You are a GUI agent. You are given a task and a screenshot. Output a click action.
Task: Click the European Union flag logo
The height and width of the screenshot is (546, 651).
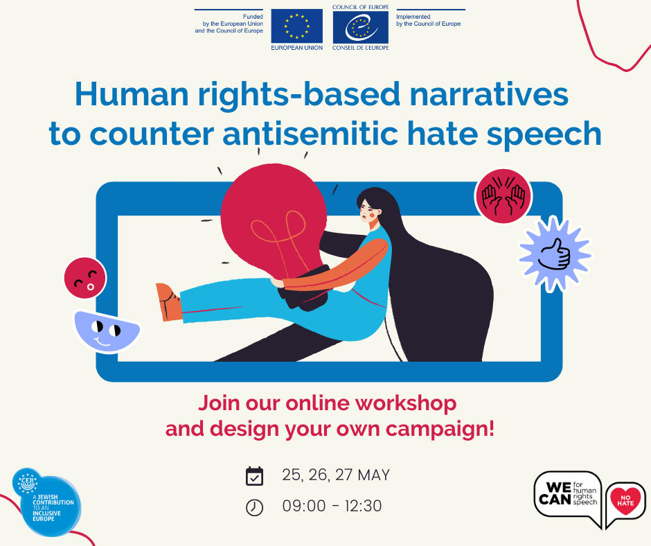coord(296,26)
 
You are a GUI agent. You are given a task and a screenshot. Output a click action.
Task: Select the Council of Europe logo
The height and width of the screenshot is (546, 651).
coord(360,27)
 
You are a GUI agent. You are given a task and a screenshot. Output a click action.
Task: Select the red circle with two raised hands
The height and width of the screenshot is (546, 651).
coord(503,196)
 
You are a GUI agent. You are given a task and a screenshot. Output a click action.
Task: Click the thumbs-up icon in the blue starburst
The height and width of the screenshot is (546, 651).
coord(555,254)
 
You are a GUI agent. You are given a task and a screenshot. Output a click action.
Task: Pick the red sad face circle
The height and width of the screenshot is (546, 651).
coord(84,278)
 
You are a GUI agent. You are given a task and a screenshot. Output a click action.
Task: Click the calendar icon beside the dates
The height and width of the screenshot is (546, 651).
coord(255,477)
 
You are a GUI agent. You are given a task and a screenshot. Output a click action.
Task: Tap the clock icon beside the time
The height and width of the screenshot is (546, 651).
coord(255,508)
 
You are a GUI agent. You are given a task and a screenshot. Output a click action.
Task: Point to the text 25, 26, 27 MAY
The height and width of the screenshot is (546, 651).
coord(336,475)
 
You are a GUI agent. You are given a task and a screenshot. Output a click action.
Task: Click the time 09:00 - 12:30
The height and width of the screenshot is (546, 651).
coord(332,507)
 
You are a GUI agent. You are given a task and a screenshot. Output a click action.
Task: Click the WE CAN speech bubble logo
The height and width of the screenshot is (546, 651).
coord(567,495)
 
